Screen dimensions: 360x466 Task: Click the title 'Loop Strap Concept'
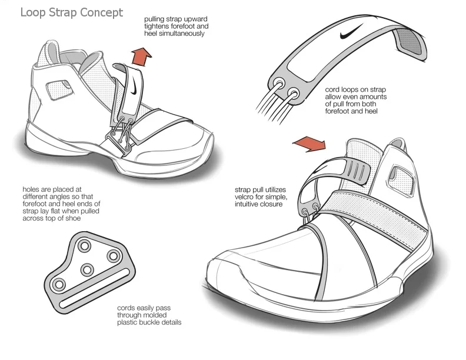coord(72,12)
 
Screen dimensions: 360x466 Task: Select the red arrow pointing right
coord(309,143)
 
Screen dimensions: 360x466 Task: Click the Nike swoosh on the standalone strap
coord(351,37)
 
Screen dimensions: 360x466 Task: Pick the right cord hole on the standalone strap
coord(291,92)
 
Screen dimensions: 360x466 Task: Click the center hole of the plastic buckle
coord(88,269)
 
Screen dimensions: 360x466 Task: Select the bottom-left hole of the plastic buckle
coord(59,285)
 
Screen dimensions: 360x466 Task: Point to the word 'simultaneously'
coord(175,34)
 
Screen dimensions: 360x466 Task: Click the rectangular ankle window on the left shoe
coord(58,88)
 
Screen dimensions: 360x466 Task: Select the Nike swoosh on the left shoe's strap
coord(135,89)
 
